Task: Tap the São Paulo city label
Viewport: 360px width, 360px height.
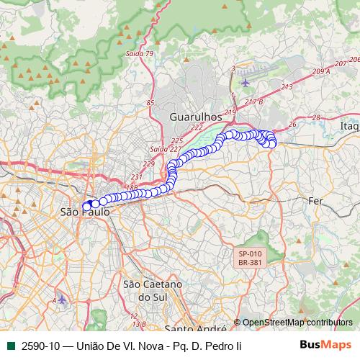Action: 85,213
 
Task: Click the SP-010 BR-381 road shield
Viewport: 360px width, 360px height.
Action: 251,258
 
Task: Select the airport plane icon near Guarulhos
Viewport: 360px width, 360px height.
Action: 246,81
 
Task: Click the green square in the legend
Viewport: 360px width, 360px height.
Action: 9,346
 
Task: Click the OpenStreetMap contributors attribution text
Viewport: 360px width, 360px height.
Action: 297,323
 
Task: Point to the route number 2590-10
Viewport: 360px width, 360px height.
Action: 40,346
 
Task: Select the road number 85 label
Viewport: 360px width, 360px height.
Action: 150,103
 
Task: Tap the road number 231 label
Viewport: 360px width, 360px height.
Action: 138,176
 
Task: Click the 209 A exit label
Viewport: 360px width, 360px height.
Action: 321,72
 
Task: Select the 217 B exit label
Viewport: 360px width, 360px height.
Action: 254,102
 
